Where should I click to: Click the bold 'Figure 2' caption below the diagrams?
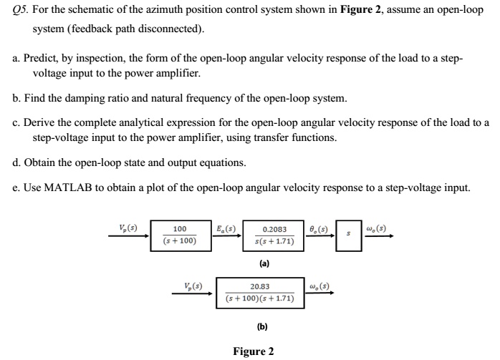253,351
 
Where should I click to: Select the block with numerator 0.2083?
275,235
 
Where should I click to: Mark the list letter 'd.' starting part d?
16,162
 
